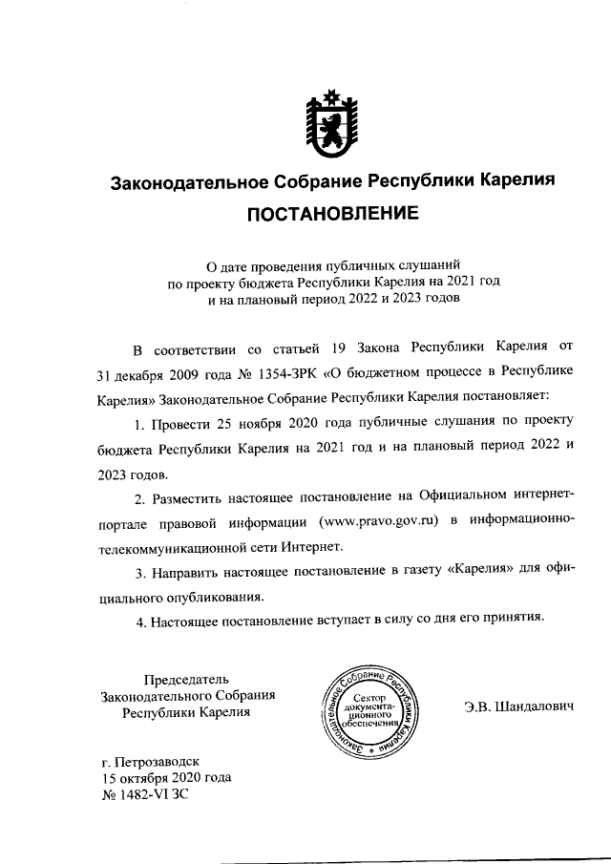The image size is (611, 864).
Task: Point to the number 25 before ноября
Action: [x=225, y=423]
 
